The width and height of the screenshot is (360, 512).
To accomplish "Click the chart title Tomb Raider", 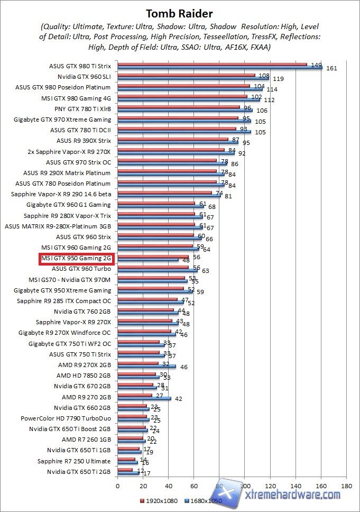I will click(179, 13).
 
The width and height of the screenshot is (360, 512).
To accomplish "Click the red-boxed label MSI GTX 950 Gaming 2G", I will click(77, 258).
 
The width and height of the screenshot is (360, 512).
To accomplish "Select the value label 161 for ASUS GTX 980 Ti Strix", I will click(331, 68).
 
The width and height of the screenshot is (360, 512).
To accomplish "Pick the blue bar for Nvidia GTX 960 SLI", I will click(193, 79).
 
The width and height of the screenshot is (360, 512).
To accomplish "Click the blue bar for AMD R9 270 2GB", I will click(144, 399).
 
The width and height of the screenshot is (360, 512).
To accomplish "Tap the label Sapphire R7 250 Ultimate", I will click(74, 461).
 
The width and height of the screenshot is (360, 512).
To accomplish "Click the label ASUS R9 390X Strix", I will click(84, 141).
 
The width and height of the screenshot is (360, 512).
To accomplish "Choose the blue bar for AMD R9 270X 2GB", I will click(147, 367).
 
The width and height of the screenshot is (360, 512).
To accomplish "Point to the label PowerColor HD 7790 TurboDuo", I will click(66, 418).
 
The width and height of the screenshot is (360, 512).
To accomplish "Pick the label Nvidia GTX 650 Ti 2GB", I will click(79, 472).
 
